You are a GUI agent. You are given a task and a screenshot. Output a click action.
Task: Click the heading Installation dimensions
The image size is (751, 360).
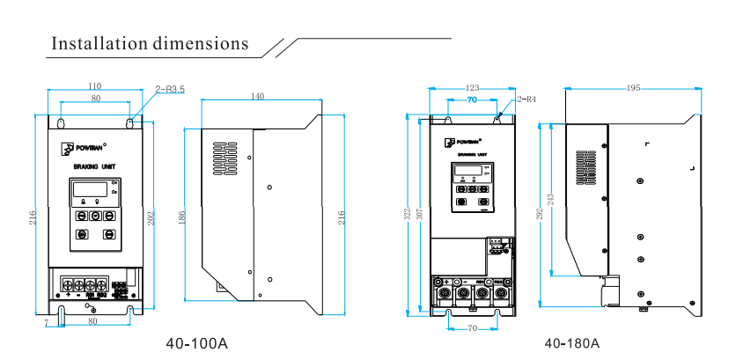[x=150, y=43]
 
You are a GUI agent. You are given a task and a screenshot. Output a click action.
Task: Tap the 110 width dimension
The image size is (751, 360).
[x=95, y=85]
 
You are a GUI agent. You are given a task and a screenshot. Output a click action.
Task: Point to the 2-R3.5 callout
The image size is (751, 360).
[x=170, y=89]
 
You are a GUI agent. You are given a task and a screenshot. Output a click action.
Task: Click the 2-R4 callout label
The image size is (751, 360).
[x=526, y=99]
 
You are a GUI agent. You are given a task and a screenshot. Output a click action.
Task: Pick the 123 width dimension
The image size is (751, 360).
[x=472, y=88]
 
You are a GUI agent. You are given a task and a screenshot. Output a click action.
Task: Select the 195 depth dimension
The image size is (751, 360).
[x=633, y=88]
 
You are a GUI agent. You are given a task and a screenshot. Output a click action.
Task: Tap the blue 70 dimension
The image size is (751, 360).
[x=472, y=101]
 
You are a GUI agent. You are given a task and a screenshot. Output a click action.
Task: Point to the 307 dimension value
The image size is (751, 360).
[x=420, y=214]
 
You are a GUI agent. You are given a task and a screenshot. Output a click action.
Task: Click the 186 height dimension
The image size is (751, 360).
[x=182, y=217]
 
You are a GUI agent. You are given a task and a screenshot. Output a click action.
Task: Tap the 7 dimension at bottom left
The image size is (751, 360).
[x=46, y=323]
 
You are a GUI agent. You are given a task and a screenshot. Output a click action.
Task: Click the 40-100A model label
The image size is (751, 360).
[x=197, y=343]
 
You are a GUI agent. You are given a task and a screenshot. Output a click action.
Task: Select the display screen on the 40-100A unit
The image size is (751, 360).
[x=89, y=188]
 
